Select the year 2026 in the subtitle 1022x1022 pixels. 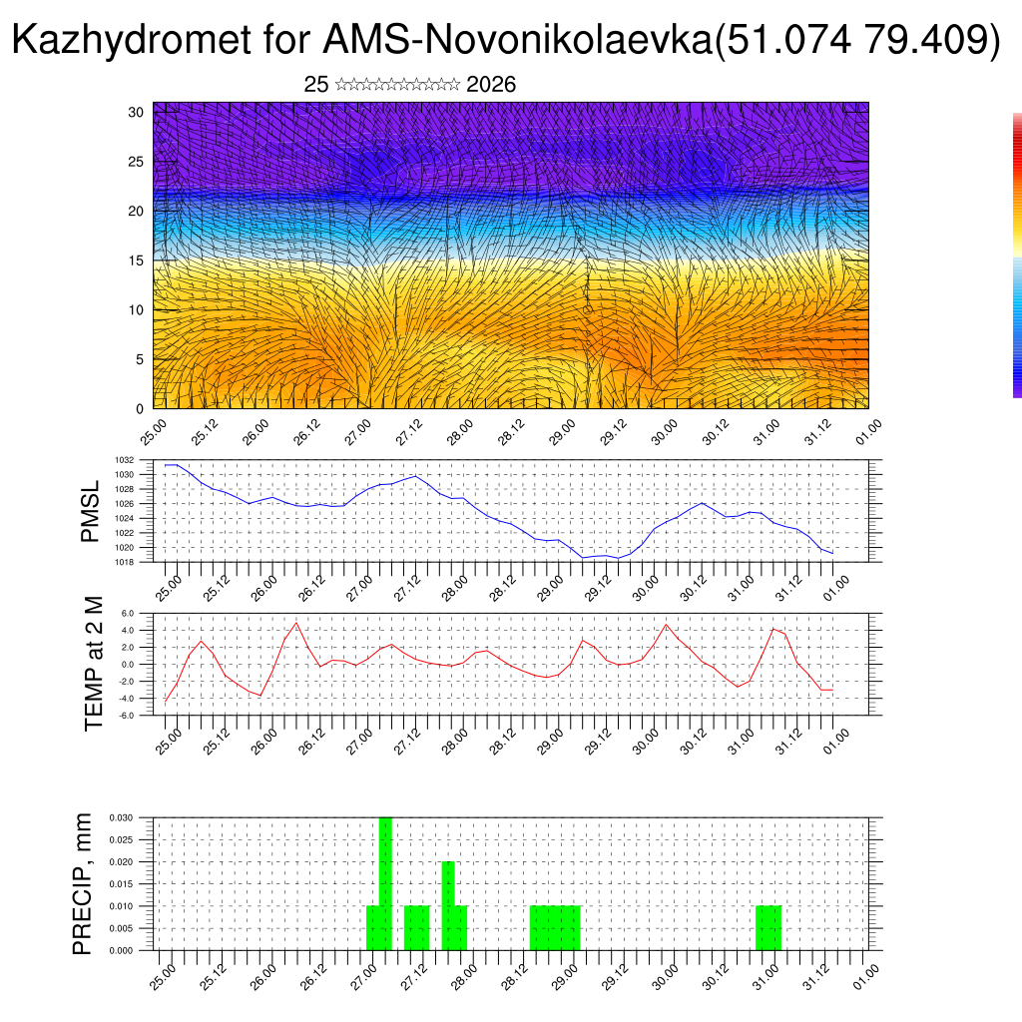pyautogui.click(x=491, y=85)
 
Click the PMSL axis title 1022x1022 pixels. pyautogui.click(x=91, y=511)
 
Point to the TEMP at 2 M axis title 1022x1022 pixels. pyautogui.click(x=94, y=664)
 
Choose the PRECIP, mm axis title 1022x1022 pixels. pyautogui.click(x=83, y=883)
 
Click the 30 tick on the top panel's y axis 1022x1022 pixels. pyautogui.click(x=136, y=112)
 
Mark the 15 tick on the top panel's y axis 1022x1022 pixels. pyautogui.click(x=136, y=260)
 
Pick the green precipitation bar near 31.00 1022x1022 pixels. pyautogui.click(x=768, y=928)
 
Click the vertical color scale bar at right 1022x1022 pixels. pyautogui.click(x=1017, y=255)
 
